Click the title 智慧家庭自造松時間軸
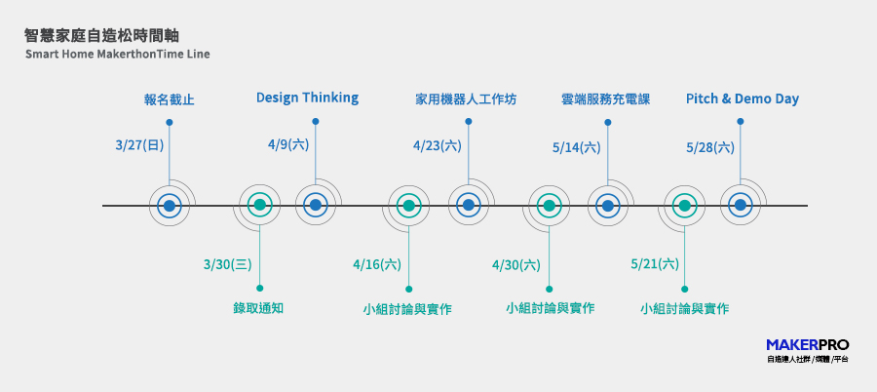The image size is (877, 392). (101, 36)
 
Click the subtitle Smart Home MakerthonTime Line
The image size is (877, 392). (118, 55)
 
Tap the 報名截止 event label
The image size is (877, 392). (170, 100)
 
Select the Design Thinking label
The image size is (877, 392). (307, 98)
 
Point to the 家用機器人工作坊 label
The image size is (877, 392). (466, 99)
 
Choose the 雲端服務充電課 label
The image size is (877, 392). (606, 99)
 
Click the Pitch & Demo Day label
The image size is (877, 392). (743, 99)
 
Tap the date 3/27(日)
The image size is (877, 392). (139, 145)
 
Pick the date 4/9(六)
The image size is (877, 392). (288, 144)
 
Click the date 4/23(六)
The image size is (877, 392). (438, 146)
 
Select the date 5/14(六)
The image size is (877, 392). (577, 148)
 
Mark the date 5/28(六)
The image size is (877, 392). (710, 148)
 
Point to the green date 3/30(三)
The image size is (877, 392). (228, 264)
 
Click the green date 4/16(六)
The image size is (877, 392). (377, 264)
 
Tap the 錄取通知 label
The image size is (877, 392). (258, 308)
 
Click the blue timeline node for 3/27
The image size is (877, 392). (170, 206)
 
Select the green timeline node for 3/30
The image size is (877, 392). (259, 205)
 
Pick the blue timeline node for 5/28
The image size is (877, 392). (740, 205)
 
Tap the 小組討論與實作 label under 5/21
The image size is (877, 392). (685, 308)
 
